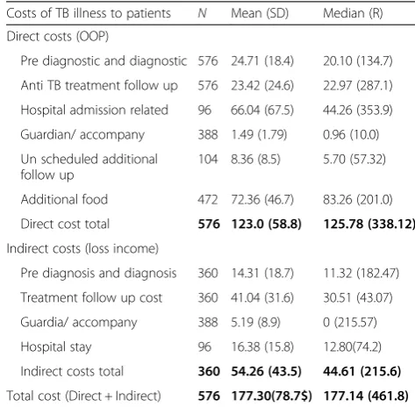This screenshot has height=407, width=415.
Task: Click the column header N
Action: pyautogui.click(x=202, y=13)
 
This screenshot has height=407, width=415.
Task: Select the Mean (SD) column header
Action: pyautogui.click(x=260, y=13)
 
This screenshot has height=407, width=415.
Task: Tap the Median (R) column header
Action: pyautogui.click(x=353, y=13)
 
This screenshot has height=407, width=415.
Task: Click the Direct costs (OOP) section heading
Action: pyautogui.click(x=58, y=37)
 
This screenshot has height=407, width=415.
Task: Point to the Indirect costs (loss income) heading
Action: pyautogui.click(x=82, y=248)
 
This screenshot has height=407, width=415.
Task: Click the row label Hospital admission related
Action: pyautogui.click(x=95, y=111)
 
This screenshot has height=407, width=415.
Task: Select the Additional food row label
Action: pyautogui.click(x=64, y=199)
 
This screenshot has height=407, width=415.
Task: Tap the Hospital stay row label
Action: pyautogui.click(x=56, y=347)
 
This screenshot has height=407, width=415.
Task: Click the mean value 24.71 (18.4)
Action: pyautogui.click(x=262, y=61)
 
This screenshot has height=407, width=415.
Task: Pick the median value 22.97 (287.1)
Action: pyautogui.click(x=358, y=86)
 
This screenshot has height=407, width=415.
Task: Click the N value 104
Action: pyautogui.click(x=208, y=160)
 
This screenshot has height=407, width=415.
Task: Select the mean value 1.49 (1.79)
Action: pyautogui.click(x=259, y=135)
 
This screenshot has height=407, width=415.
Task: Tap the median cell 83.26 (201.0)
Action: pyautogui.click(x=358, y=200)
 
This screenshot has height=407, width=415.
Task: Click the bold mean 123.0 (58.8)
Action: pyautogui.click(x=266, y=225)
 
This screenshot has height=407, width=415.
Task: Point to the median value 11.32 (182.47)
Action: pyautogui.click(x=361, y=274)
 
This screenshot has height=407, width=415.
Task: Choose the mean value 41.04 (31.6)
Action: pyautogui.click(x=262, y=298)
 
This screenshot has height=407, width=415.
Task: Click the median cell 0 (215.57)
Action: pyautogui.click(x=350, y=323)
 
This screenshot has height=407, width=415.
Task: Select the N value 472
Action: pyautogui.click(x=208, y=200)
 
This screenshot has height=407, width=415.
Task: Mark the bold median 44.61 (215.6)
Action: pyautogui.click(x=361, y=372)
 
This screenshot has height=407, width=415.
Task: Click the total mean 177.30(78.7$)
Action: pyautogui.click(x=272, y=396)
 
